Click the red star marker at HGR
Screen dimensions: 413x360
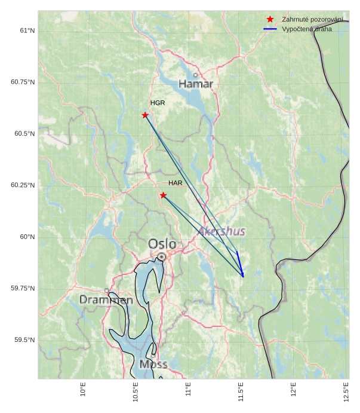(145, 115)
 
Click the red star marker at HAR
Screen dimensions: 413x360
(163, 195)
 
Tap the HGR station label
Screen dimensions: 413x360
(158, 103)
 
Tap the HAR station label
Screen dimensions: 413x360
(175, 183)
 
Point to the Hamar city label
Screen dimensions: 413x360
(196, 84)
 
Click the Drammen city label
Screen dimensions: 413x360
(106, 300)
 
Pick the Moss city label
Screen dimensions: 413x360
(153, 364)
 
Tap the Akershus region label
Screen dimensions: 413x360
(221, 231)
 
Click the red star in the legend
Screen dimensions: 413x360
(270, 20)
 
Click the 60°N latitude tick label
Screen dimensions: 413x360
(27, 237)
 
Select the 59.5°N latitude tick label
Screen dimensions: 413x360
(24, 340)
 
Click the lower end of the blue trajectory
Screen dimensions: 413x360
(243, 277)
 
